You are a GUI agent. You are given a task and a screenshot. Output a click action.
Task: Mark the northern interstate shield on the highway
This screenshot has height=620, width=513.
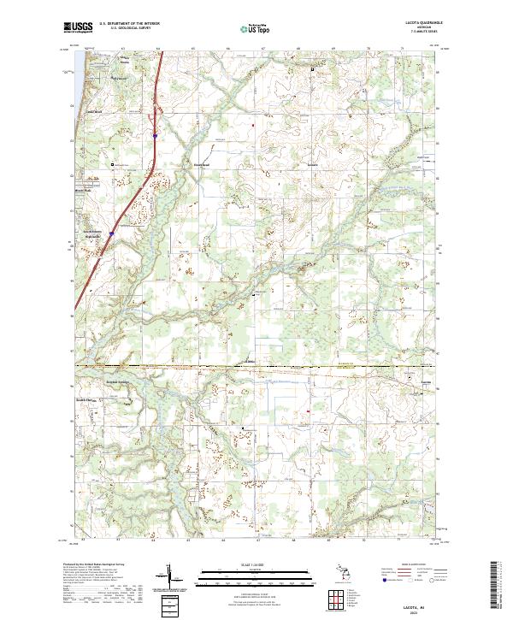coord(155,134)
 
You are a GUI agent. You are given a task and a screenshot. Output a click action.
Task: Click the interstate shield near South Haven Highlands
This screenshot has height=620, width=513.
coord(111,231)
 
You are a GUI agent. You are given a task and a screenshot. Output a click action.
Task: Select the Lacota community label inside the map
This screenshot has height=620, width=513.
coord(427,381)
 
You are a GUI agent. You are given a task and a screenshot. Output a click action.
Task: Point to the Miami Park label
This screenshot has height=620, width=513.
coord(82,191)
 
